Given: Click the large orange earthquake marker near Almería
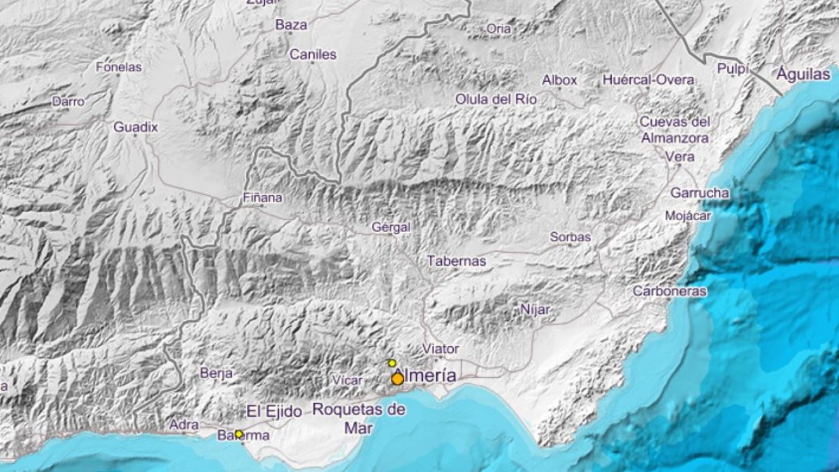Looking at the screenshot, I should pyautogui.click(x=397, y=379).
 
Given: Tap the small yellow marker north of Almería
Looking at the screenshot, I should pyautogui.click(x=392, y=363).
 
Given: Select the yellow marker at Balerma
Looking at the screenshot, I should pyautogui.click(x=238, y=434).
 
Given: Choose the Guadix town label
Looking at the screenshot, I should pyautogui.click(x=136, y=127).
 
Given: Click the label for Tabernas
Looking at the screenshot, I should pyautogui.click(x=457, y=261).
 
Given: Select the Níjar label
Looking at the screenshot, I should pyautogui.click(x=535, y=309).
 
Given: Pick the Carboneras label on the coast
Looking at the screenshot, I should pyautogui.click(x=670, y=291).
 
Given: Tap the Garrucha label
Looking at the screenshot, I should pyautogui.click(x=699, y=192).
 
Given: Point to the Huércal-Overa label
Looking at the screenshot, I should pyautogui.click(x=649, y=80).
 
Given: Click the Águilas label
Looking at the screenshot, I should pyautogui.click(x=804, y=74).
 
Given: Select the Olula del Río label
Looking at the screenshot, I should pyautogui.click(x=496, y=99).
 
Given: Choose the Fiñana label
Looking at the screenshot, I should pyautogui.click(x=262, y=198).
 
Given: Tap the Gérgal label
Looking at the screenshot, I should pyautogui.click(x=391, y=227).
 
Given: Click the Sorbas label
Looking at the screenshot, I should pyautogui.click(x=570, y=237).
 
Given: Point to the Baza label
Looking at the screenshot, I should pyautogui.click(x=291, y=25).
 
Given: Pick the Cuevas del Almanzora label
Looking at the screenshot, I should pyautogui.click(x=675, y=129).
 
